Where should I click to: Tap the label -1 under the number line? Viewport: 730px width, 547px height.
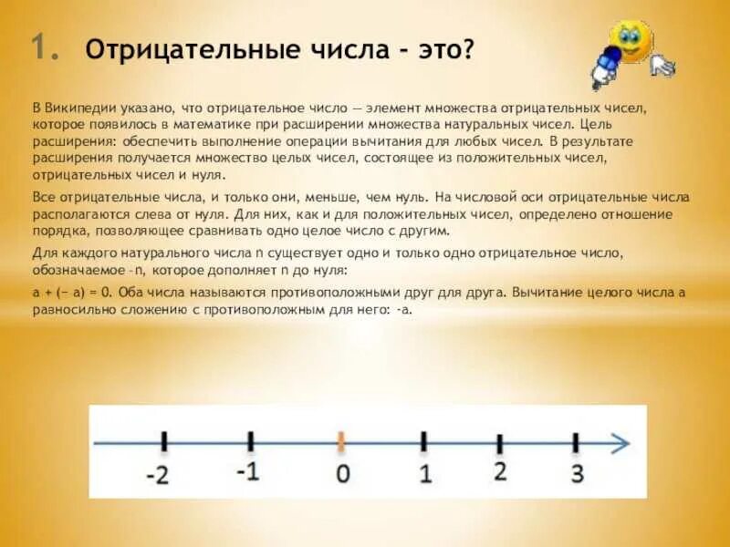249,472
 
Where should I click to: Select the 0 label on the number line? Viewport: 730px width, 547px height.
342,474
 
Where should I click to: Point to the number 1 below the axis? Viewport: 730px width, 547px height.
424,474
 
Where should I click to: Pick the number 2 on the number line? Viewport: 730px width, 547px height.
499,472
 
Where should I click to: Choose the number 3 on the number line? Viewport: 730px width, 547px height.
576,474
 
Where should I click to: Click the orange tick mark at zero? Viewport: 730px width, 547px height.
341,442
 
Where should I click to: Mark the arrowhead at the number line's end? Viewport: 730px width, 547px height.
621,443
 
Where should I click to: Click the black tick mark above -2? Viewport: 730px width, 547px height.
164,442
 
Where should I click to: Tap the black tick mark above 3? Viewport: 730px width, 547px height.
576,442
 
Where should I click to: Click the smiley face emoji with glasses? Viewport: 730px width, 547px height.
631,40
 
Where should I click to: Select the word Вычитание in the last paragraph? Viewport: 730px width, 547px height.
548,293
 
